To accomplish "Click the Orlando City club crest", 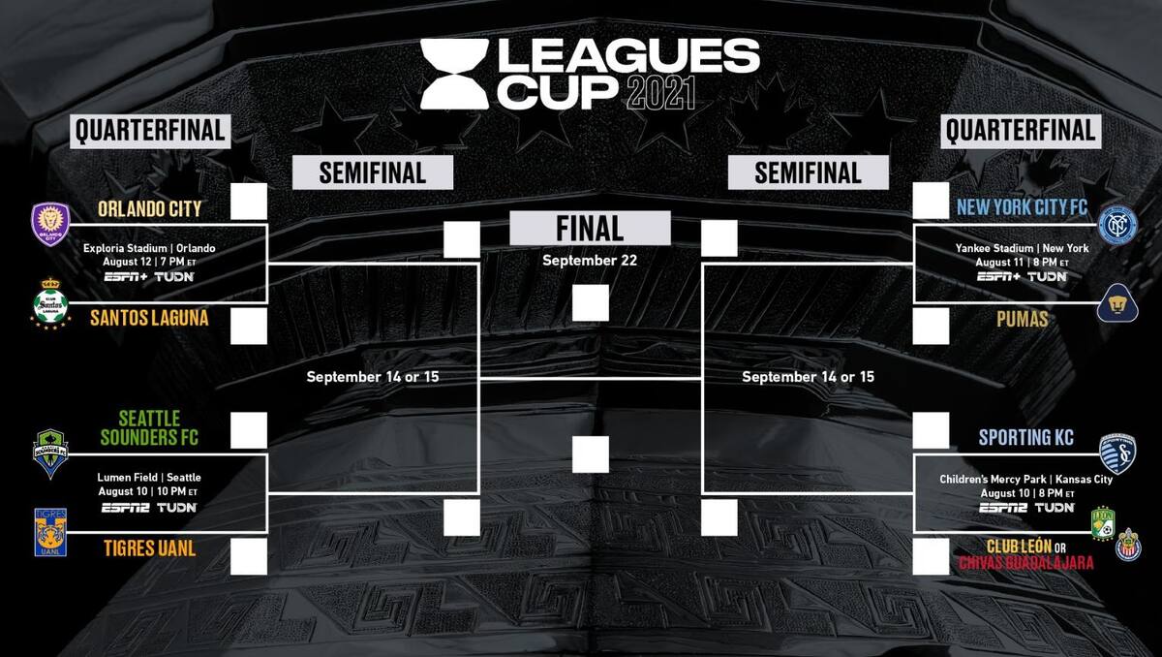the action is coord(50,224).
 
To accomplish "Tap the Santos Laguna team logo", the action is coord(50,304).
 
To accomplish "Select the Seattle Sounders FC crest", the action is coord(50,454).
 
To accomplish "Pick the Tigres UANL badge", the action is coord(50,532).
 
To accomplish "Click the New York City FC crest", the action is coord(1117,225).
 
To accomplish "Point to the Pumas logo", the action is coord(1117,303).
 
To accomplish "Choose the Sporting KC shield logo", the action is coord(1117,454).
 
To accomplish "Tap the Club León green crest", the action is coord(1103,523).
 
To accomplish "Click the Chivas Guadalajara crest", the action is coord(1128,545).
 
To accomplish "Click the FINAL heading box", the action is coord(590,228).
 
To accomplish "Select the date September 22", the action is coord(590,260).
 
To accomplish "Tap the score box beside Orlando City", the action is coord(249,201).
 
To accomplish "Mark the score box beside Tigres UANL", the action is coord(249,556).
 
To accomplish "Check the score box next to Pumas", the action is coord(931,326).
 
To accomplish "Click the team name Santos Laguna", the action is coord(149,318).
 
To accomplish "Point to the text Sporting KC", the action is coord(1026,437).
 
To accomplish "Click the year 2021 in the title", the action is coord(660,93).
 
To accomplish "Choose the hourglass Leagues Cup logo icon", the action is coord(454,74).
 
